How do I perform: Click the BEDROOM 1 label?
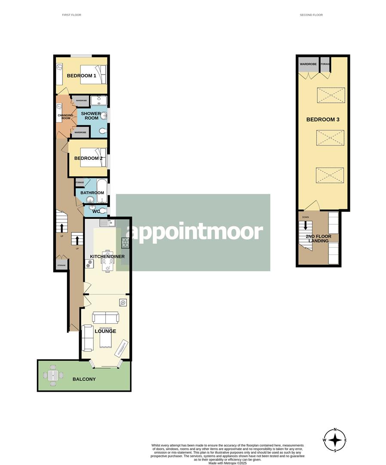pos(81,76)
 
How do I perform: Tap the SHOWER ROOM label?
pos(91,116)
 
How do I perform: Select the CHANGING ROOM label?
pos(65,117)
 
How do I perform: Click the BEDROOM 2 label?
pos(88,158)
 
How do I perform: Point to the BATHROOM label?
pos(92,192)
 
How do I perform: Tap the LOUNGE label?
pos(106,331)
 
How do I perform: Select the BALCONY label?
pos(83,379)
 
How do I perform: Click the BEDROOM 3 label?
pos(323,119)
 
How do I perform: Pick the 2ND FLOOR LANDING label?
pos(317,239)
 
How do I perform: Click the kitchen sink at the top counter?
pos(106,223)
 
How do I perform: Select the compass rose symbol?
pos(335,440)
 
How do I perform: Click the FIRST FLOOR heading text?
pos(71,15)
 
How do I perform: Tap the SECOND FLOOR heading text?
pos(311,15)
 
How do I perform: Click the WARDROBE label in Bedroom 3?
pos(308,64)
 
